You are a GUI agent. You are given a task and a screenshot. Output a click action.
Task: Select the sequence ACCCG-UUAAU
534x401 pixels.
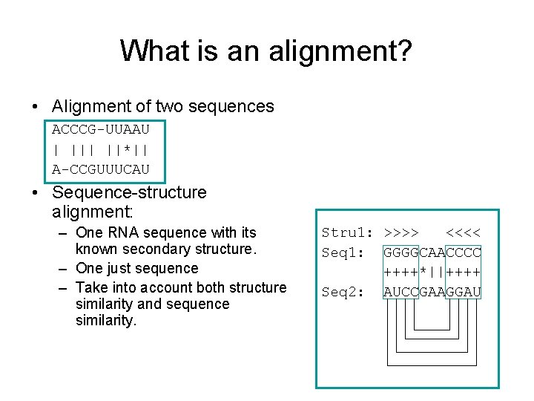point(101,128)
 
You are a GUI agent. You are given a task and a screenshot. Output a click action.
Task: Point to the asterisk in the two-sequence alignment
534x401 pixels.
point(128,149)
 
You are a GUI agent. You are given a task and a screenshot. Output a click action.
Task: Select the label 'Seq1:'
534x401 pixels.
point(342,252)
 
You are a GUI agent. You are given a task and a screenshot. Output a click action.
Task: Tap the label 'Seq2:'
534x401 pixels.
point(342,292)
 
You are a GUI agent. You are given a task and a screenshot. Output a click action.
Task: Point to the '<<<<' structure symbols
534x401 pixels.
point(464,233)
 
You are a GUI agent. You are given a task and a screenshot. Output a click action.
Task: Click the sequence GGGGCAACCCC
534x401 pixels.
point(432,252)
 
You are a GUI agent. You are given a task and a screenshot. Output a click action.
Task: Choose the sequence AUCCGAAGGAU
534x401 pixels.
point(432,292)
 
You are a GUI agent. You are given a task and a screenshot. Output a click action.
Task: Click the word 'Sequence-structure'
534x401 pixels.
point(129,193)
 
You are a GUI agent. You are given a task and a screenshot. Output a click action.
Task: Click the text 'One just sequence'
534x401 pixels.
point(137,268)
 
